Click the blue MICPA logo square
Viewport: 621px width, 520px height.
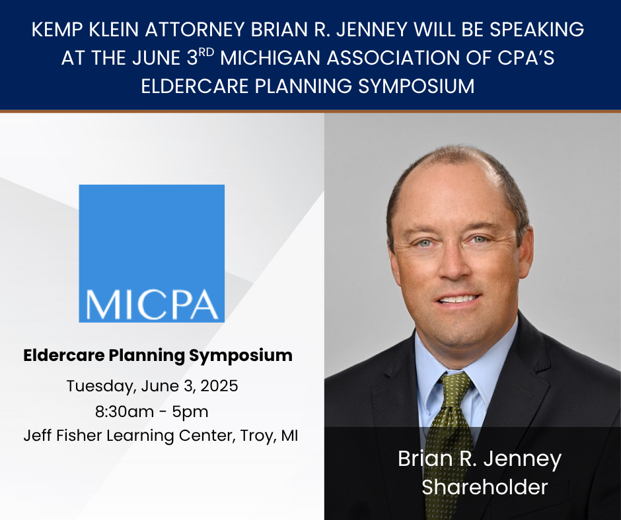151,253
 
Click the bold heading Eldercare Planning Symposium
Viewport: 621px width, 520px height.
158,355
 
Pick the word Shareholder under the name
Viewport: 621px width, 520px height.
485,487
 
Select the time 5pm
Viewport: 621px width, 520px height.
192,412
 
